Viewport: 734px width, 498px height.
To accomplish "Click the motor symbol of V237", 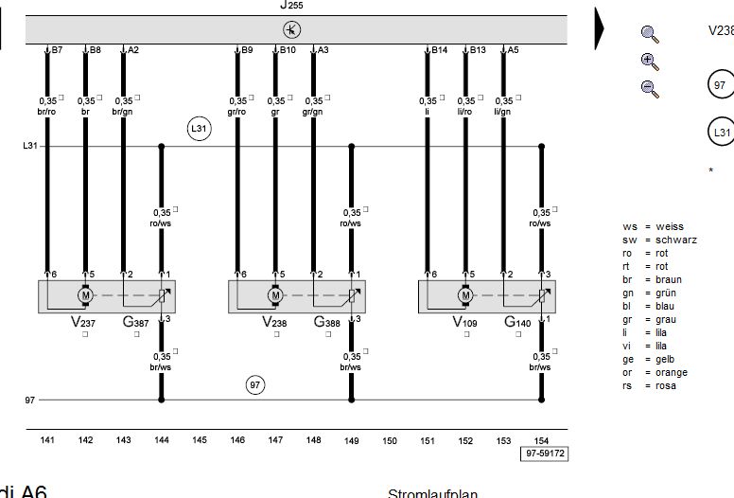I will (x=85, y=295).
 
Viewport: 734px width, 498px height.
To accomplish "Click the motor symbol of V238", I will (x=275, y=295).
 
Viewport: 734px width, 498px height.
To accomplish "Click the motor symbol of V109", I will (x=465, y=295).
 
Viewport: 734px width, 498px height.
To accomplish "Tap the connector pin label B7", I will (x=57, y=50).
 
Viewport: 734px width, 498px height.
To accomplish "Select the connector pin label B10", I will (x=288, y=50).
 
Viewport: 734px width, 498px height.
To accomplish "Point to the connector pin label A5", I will (x=513, y=50).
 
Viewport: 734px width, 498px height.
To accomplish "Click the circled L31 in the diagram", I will (x=199, y=129).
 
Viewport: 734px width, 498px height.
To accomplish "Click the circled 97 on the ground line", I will (x=255, y=384).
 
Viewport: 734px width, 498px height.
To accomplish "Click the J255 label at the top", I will (x=291, y=5).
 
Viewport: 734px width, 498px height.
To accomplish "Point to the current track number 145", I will (x=200, y=440).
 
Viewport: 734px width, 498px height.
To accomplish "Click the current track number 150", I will (x=390, y=440).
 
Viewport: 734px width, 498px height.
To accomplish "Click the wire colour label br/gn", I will (x=123, y=112).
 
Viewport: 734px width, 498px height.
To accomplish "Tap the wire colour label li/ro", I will (x=465, y=112).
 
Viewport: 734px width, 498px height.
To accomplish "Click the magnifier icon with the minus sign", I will (x=649, y=88).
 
